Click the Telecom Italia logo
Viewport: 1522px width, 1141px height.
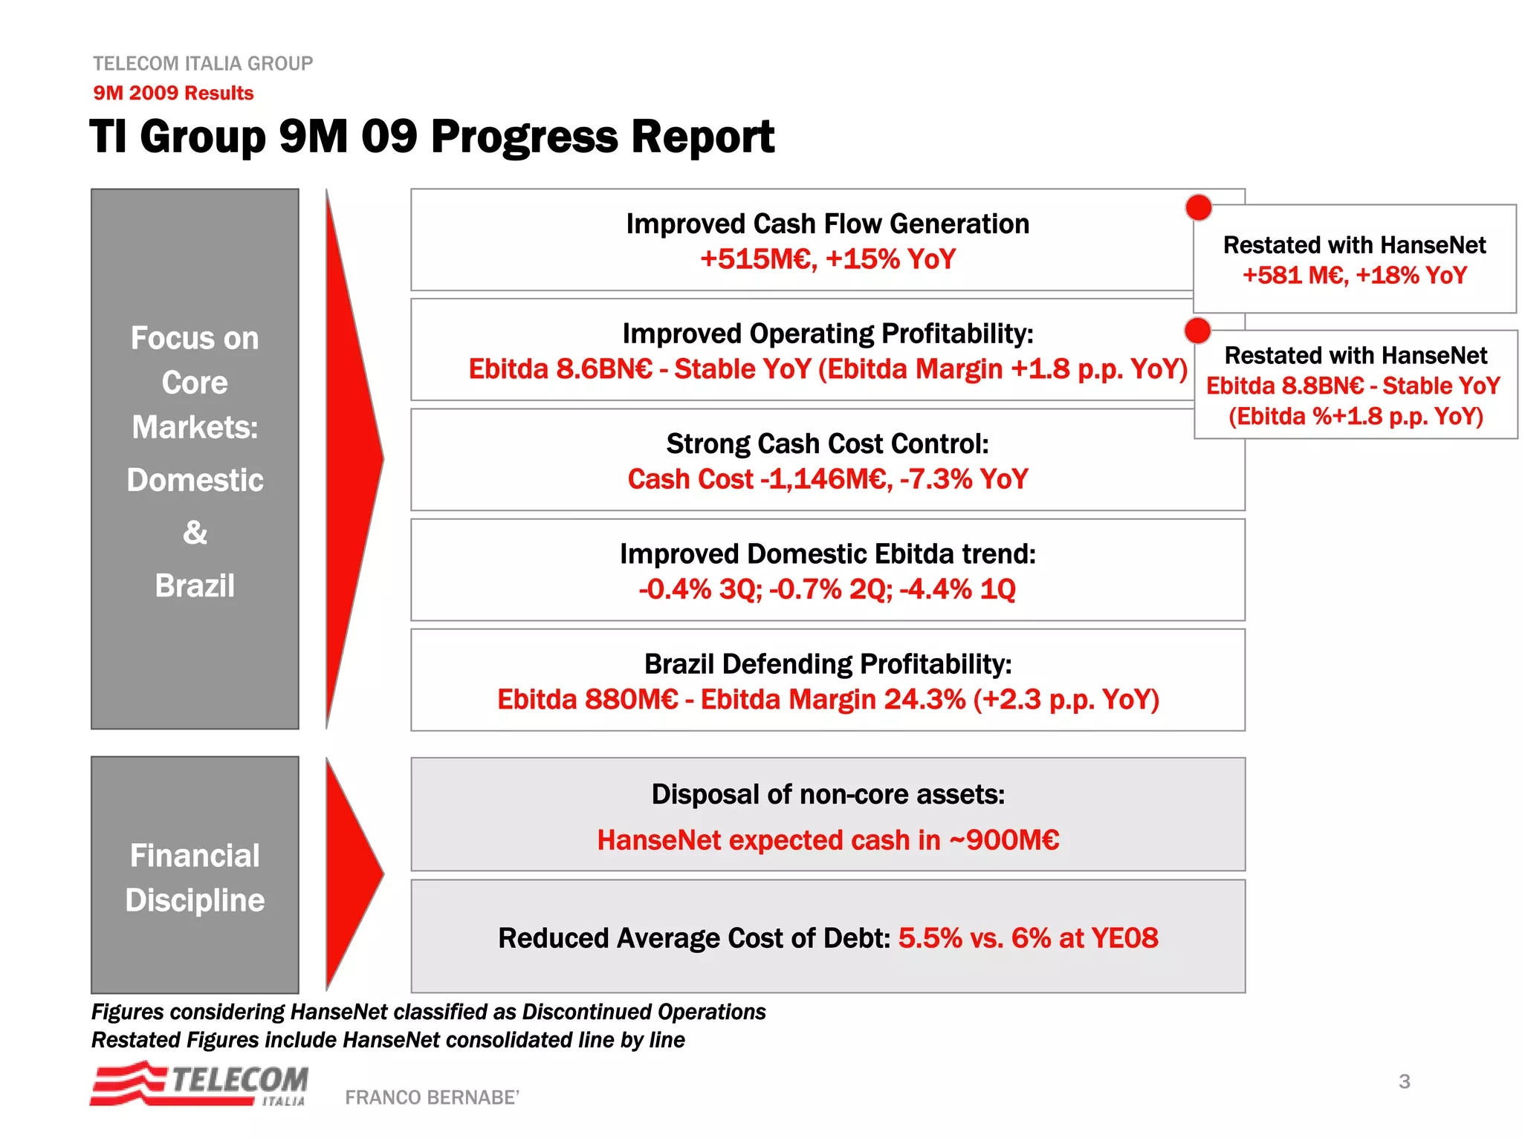click(199, 1084)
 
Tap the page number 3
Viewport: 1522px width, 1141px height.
click(1404, 1081)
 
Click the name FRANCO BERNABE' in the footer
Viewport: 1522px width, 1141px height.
click(432, 1097)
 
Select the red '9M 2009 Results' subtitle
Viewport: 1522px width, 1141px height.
click(173, 93)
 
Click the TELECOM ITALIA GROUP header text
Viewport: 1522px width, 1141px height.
click(203, 63)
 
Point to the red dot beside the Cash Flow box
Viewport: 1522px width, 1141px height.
click(1198, 207)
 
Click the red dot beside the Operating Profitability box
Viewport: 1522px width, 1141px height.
click(1197, 331)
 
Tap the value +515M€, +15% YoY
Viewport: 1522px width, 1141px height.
click(827, 259)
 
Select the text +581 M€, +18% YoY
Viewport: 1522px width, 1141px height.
click(1354, 276)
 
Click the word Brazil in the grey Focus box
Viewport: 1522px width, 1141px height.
click(195, 585)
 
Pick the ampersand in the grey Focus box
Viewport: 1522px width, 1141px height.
click(195, 533)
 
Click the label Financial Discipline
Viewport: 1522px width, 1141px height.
click(195, 877)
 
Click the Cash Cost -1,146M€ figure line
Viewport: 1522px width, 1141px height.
click(827, 479)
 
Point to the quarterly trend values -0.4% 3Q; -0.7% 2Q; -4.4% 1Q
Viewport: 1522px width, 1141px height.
click(827, 589)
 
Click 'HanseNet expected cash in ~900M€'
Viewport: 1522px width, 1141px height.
click(828, 840)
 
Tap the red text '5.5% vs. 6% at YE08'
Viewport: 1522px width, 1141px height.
click(1028, 938)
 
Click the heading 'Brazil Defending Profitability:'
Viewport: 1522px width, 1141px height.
click(827, 664)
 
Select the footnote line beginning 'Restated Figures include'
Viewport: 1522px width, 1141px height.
click(387, 1040)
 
